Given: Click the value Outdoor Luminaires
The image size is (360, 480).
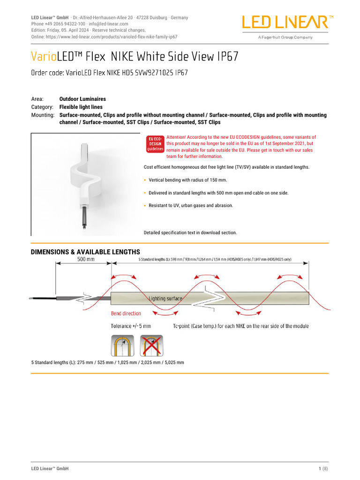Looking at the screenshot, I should (x=82, y=99).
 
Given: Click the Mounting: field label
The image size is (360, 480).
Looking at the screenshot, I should (x=43, y=115).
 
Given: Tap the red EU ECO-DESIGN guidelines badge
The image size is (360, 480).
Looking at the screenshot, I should (x=155, y=144).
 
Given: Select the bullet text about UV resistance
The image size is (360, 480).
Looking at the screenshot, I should (x=190, y=205).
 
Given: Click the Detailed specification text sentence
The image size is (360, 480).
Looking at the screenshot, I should (x=190, y=232).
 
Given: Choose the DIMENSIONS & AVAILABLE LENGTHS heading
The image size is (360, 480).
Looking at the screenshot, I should (x=85, y=252).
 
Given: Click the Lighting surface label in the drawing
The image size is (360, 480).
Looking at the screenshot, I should (x=165, y=298).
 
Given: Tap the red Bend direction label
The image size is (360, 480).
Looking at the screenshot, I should (x=126, y=314).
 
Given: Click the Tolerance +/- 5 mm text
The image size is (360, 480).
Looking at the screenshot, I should (x=131, y=326).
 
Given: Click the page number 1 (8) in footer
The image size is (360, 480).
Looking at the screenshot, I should (x=323, y=469).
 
